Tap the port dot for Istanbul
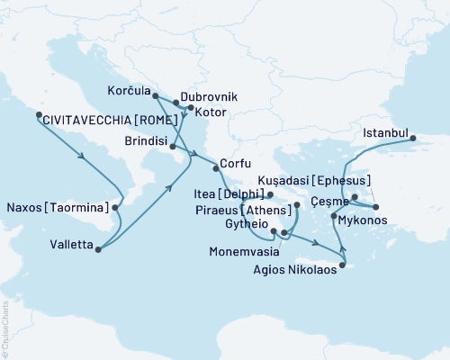point(413,139)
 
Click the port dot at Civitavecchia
point(38,114)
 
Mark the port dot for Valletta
point(97,249)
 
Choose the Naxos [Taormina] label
point(56,208)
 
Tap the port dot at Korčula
point(156,95)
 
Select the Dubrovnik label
point(208,94)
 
